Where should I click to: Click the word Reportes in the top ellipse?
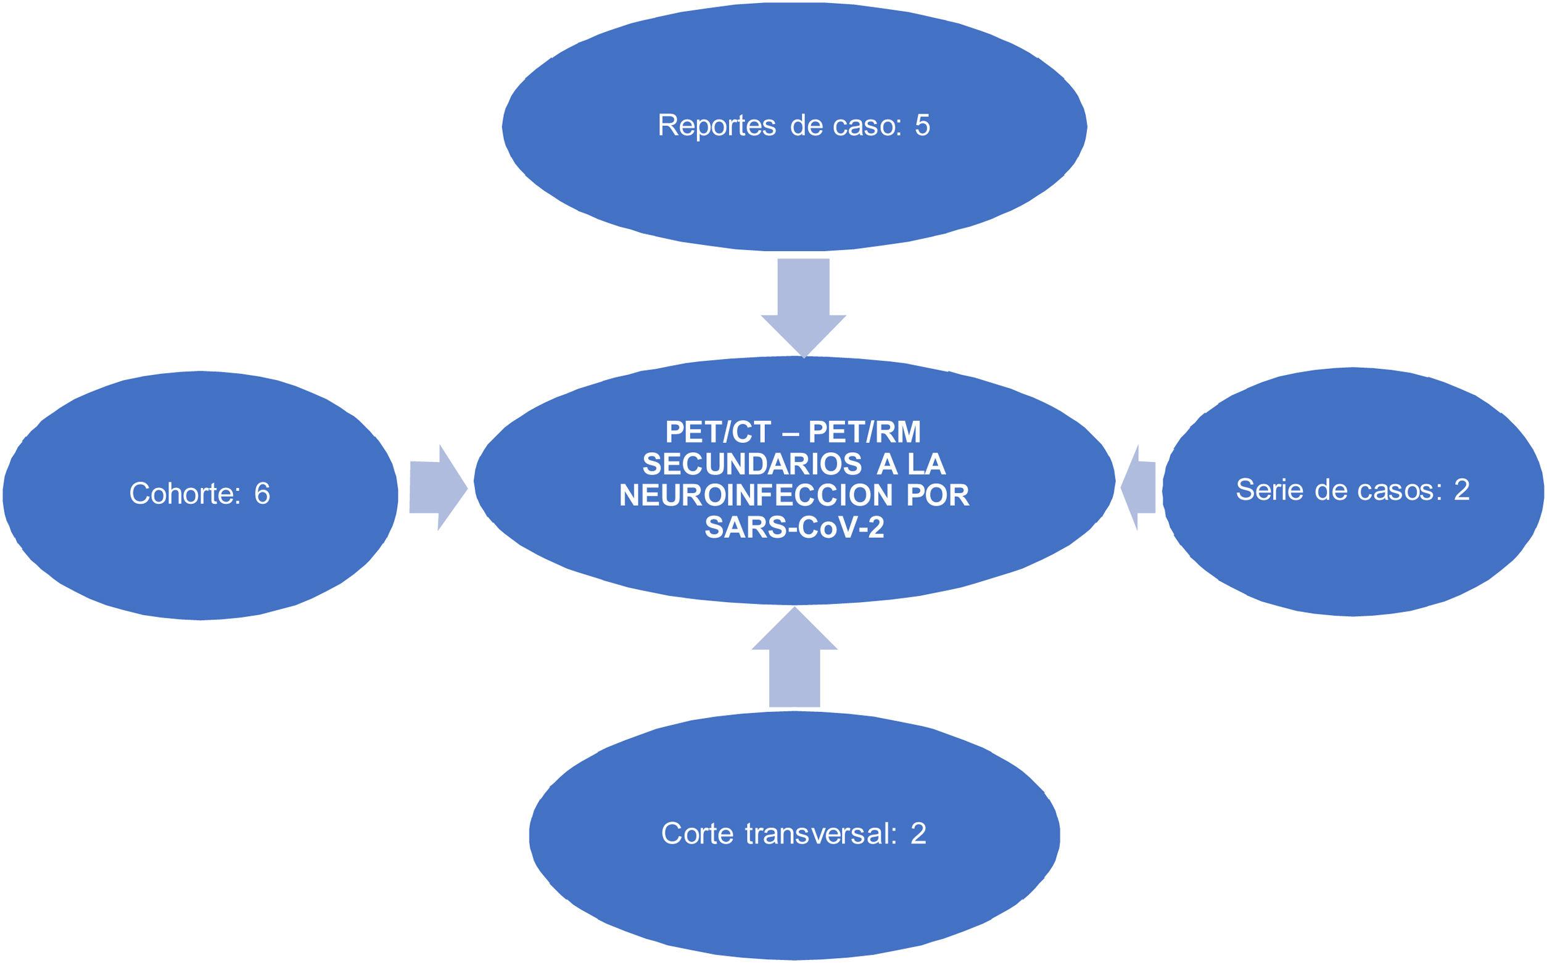pos(716,126)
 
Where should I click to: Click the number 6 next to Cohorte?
pos(262,494)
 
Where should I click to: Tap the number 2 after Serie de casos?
pos(1461,490)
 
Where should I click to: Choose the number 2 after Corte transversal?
pos(917,833)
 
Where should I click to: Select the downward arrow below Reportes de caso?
pos(804,306)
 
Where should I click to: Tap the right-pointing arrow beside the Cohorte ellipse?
pos(438,488)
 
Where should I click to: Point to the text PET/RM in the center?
pos(864,433)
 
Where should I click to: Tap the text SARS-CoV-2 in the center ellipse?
pos(794,528)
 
